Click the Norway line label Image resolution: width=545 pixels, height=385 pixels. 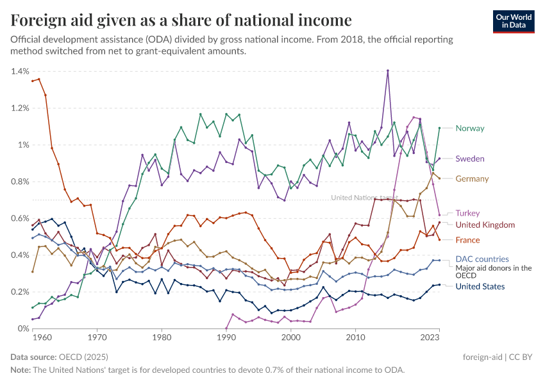(x=469, y=128)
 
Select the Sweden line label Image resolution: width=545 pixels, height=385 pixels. (x=470, y=158)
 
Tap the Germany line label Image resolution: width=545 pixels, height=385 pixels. (x=472, y=179)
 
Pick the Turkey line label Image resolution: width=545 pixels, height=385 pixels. (x=467, y=213)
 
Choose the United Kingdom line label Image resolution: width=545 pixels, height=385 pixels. (x=485, y=225)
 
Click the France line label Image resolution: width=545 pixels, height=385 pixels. (x=468, y=240)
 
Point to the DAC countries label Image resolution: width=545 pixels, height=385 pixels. (x=482, y=259)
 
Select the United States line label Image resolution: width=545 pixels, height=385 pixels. (x=480, y=286)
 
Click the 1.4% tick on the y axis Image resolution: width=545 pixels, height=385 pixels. (x=20, y=71)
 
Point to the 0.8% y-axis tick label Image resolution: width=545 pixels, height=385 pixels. (x=20, y=182)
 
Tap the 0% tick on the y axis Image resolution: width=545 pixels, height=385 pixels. (x=23, y=329)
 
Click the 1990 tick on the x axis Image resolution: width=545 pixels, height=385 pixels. (x=226, y=337)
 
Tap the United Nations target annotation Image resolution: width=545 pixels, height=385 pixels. (x=364, y=198)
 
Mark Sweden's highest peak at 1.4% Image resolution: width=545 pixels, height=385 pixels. (x=388, y=71)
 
